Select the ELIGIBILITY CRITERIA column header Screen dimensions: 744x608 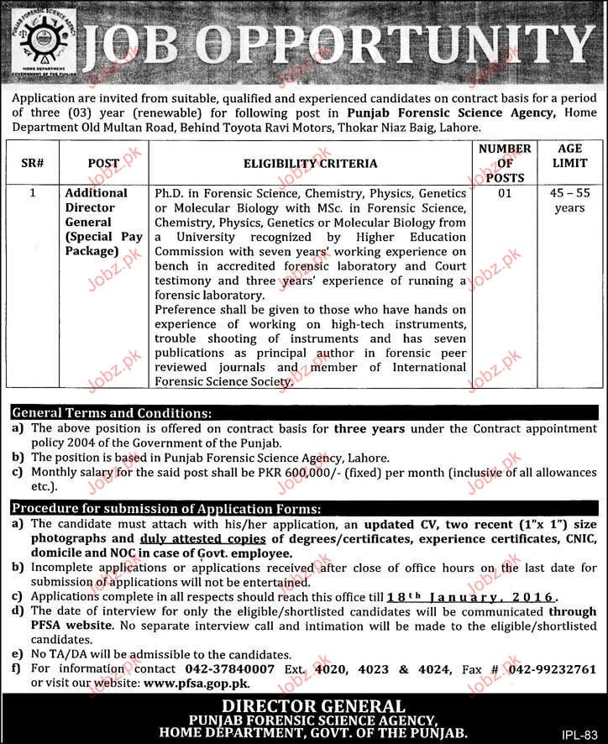coord(311,163)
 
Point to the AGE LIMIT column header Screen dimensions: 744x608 coord(569,156)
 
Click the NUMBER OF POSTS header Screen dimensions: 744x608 coord(505,163)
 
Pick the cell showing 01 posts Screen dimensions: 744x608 coord(505,193)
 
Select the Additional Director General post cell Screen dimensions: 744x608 coord(102,222)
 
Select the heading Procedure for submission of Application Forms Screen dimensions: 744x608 coord(165,508)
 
